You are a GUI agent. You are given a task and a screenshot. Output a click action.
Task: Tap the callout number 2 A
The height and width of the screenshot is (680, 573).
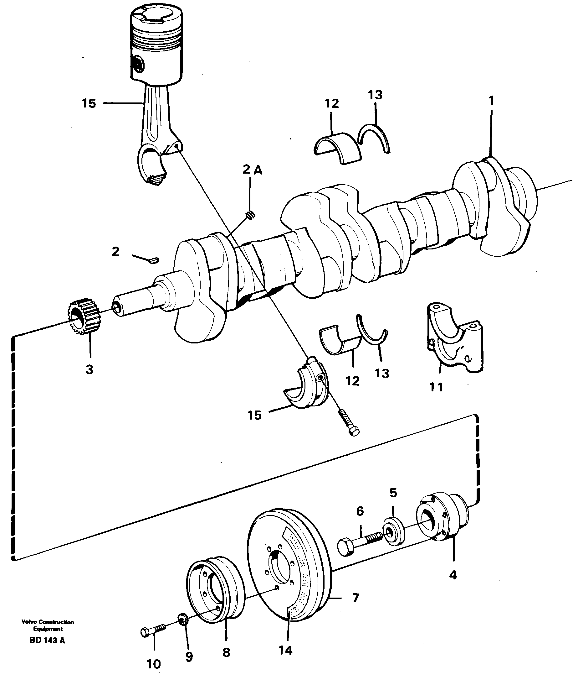[253, 170]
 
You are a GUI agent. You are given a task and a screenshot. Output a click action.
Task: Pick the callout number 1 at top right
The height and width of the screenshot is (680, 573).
[491, 101]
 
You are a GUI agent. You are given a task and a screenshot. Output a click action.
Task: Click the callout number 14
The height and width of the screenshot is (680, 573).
[285, 651]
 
